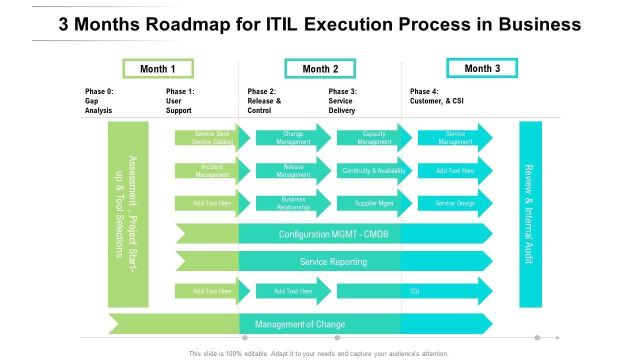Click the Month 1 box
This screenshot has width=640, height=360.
[158, 69]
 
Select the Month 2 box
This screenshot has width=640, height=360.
[320, 69]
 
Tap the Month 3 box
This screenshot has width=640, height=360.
[482, 68]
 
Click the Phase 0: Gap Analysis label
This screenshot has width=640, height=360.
[99, 101]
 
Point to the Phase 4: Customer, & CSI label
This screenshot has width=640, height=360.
[436, 96]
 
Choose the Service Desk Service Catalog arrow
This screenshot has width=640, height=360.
[212, 138]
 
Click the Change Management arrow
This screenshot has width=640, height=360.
[293, 138]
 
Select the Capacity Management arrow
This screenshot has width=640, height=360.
[374, 138]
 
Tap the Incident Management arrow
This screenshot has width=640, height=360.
[212, 171]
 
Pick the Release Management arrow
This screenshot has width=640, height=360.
[293, 171]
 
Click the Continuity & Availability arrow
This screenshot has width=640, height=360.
[374, 171]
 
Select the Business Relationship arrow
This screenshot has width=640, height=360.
[293, 203]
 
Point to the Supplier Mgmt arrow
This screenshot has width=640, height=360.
[374, 203]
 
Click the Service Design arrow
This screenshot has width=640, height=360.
[455, 203]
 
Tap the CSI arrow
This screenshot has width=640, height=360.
[414, 291]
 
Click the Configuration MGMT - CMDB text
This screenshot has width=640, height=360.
[333, 234]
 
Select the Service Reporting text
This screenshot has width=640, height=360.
[333, 261]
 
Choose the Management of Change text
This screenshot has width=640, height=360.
[300, 324]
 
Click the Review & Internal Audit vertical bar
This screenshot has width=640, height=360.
[530, 214]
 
